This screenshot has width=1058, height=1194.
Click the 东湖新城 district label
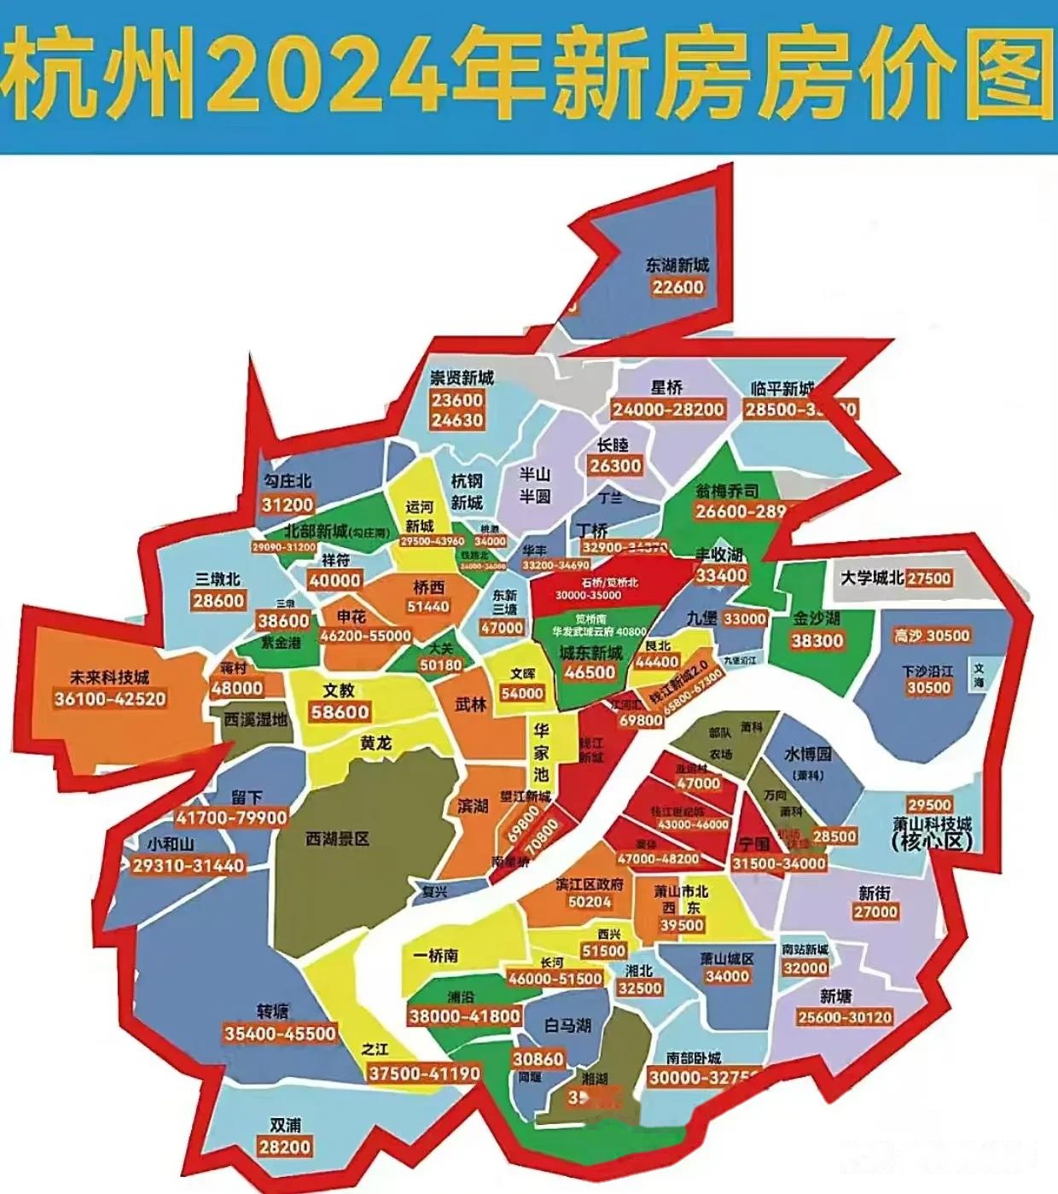coord(677,265)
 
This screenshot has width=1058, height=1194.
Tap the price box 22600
coord(678,287)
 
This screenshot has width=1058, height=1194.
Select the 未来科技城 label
coord(110,678)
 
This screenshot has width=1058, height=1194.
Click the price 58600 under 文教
coord(340,712)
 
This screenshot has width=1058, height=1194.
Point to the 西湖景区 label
coord(337,839)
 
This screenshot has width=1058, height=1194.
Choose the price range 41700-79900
coord(231,818)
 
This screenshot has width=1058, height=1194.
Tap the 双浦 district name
coord(285,1125)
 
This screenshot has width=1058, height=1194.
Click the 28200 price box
coord(285,1146)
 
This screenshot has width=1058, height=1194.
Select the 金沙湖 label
coord(817,618)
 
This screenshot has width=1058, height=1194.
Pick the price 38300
coord(817,640)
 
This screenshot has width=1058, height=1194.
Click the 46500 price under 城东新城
coord(590,672)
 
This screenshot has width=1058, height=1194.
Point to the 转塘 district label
coord(273,1011)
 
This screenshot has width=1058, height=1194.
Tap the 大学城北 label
coord(872,578)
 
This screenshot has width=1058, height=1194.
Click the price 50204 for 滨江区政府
coord(590,902)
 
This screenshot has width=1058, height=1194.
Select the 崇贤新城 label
coord(462,378)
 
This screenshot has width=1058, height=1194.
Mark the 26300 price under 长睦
coord(615,465)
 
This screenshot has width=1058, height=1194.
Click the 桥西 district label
coord(429,587)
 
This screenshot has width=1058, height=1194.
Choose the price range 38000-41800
coord(464,1016)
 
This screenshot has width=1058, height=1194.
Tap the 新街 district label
coord(875,893)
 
